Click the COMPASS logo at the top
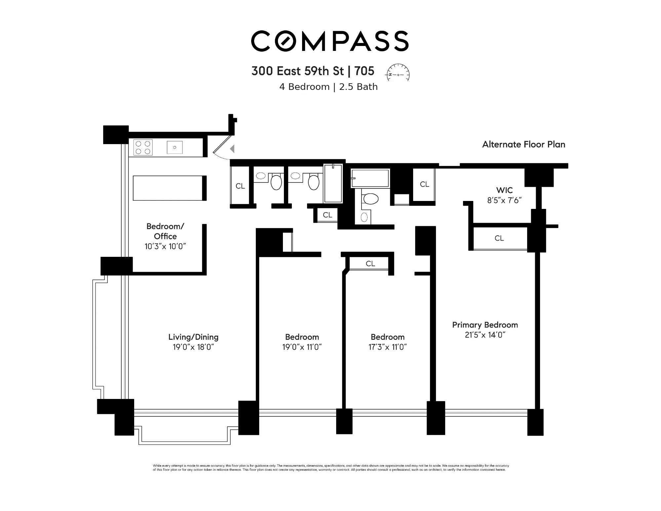click(x=330, y=41)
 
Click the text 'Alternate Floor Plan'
click(x=524, y=144)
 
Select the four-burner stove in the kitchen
click(x=143, y=147)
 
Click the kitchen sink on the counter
click(x=175, y=147)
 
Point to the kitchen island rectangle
click(x=168, y=188)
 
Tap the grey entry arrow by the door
click(x=232, y=149)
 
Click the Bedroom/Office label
click(x=165, y=231)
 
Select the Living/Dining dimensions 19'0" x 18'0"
click(x=193, y=347)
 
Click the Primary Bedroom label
click(x=485, y=325)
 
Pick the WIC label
click(x=504, y=190)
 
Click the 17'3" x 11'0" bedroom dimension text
click(x=387, y=347)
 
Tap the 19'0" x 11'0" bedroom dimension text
click(x=302, y=347)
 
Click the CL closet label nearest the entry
click(x=240, y=186)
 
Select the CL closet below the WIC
click(x=499, y=238)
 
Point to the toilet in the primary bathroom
click(x=370, y=199)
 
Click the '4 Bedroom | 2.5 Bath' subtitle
click(x=328, y=87)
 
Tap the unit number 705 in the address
click(x=364, y=71)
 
